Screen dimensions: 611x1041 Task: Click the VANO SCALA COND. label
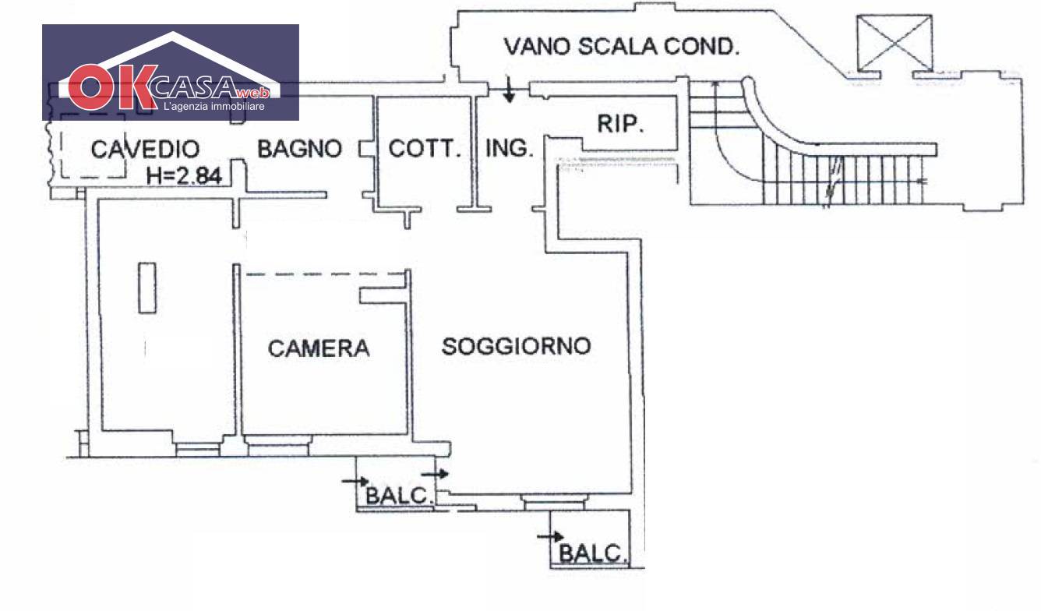click(x=621, y=47)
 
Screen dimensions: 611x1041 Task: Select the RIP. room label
click(x=620, y=125)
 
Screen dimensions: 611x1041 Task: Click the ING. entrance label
click(x=509, y=148)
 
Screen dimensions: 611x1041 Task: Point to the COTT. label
click(x=425, y=148)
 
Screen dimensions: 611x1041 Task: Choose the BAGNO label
click(x=299, y=148)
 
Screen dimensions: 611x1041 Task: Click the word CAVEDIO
click(x=145, y=149)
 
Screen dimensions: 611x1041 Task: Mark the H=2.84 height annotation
click(x=185, y=176)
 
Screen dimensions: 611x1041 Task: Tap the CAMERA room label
click(x=319, y=348)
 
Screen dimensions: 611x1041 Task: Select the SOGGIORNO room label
click(x=516, y=346)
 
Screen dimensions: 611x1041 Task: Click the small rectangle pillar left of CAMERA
click(x=147, y=288)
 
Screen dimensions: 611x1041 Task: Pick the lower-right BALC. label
click(x=594, y=553)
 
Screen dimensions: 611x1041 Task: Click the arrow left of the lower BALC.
click(x=550, y=536)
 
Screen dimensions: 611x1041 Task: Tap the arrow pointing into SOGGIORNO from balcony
click(x=436, y=473)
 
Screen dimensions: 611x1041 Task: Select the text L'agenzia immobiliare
click(x=213, y=105)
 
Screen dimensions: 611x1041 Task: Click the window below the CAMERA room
click(x=277, y=448)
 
